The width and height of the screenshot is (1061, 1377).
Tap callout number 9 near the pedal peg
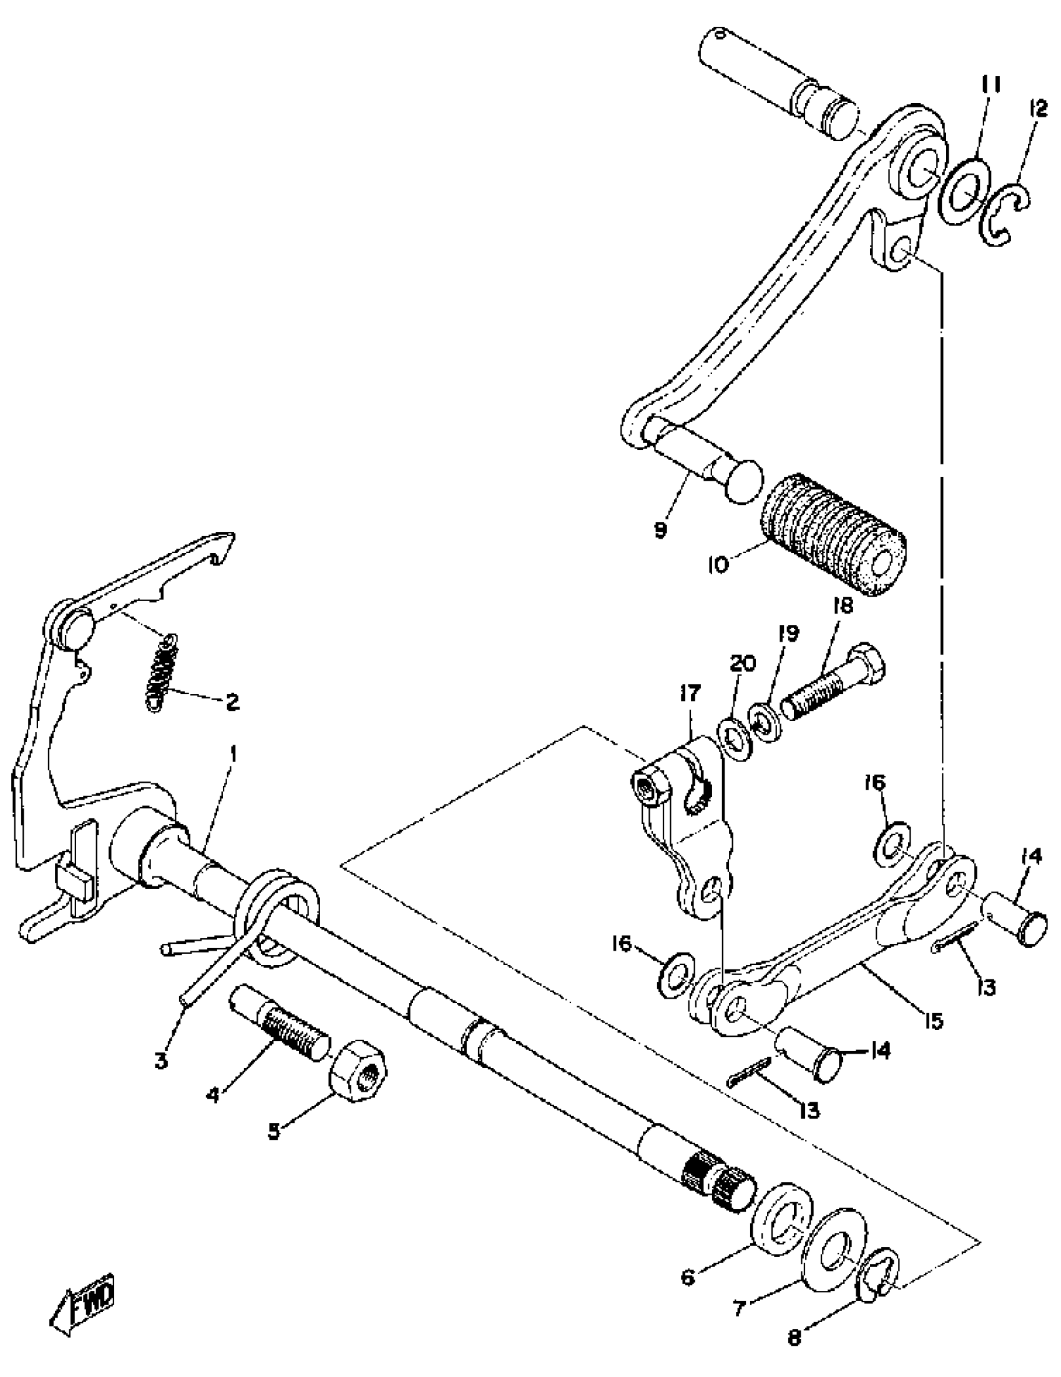click(x=660, y=529)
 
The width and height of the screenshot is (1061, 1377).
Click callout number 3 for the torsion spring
click(x=162, y=1061)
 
